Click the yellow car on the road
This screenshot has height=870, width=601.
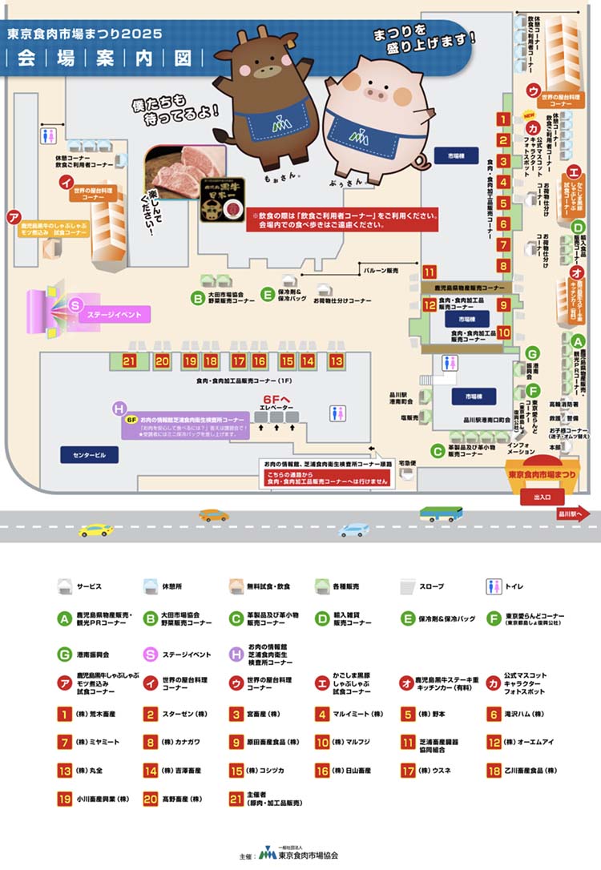pos(96,530)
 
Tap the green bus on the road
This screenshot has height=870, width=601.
pos(441,514)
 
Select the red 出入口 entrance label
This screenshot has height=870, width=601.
pos(543,497)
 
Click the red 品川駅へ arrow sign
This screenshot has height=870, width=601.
pos(574,514)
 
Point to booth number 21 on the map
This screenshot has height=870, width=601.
pos(130,361)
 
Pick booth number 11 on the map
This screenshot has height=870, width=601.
pos(430,271)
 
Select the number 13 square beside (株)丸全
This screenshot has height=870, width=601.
pos(65,771)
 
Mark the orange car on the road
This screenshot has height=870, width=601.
pos(213,515)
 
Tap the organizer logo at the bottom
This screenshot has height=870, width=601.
pos(266,853)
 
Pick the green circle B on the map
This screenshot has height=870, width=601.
pos(197,297)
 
